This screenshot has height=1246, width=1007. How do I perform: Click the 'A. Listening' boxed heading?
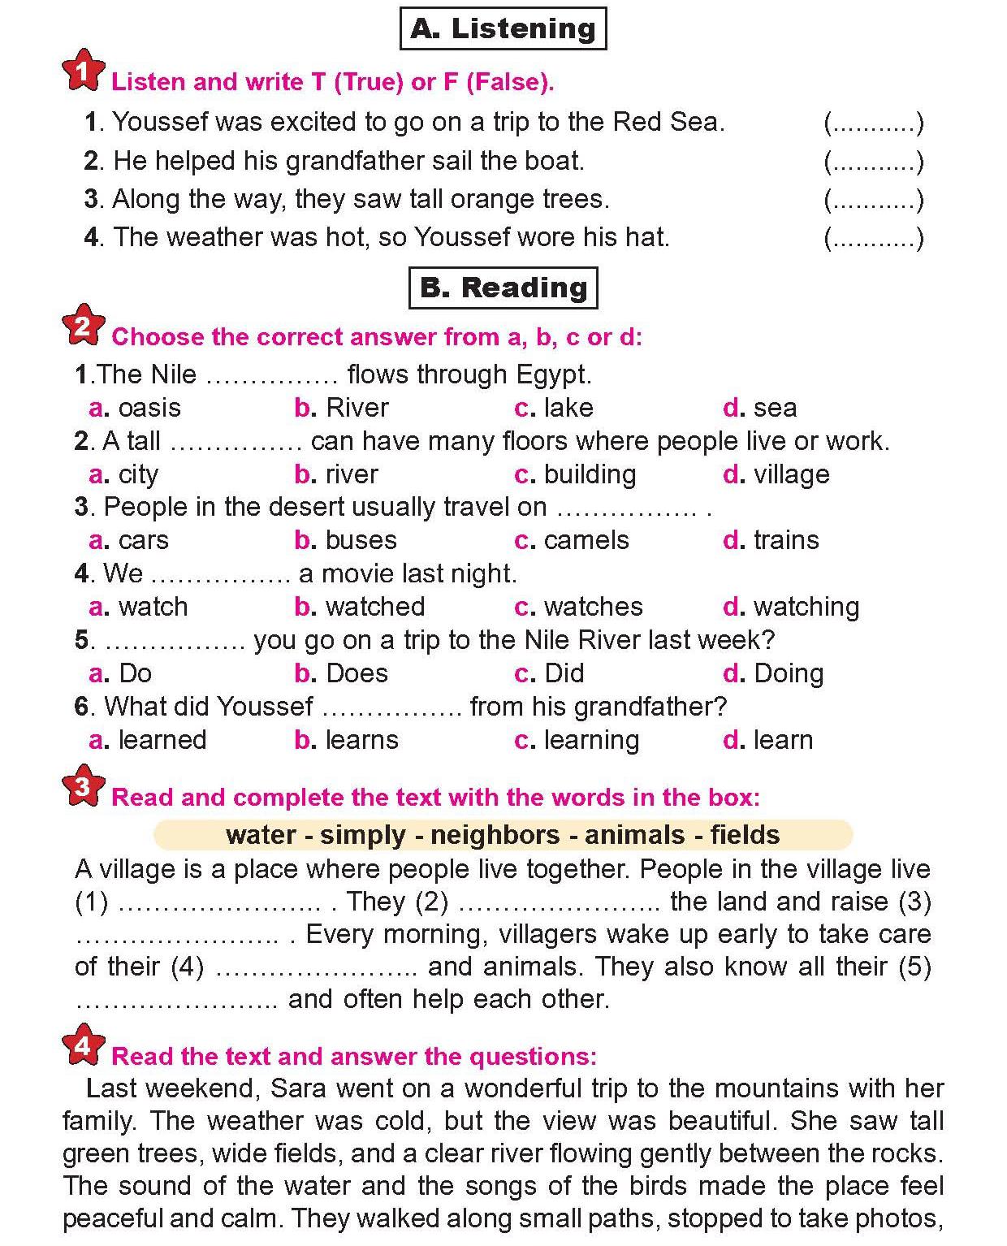[x=503, y=28]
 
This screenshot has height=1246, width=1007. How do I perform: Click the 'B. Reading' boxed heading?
[x=503, y=288]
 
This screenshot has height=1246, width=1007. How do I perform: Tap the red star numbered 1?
[x=83, y=72]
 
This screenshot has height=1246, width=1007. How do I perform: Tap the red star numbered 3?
[x=83, y=786]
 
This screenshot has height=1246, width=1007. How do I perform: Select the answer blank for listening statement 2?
[x=874, y=162]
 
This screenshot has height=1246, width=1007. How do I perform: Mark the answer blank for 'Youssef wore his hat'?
[x=874, y=238]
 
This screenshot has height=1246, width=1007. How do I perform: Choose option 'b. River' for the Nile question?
[x=342, y=408]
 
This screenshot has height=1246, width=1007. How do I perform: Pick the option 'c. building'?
[x=575, y=474]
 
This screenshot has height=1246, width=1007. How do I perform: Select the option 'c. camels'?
[x=572, y=540]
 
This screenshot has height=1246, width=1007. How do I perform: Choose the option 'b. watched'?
[x=360, y=607]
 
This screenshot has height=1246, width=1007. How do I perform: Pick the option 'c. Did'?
[x=549, y=673]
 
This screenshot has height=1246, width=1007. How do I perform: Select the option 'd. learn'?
[x=768, y=740]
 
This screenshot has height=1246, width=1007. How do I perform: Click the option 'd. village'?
[x=776, y=474]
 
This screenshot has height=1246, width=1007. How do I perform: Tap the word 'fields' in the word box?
[x=745, y=835]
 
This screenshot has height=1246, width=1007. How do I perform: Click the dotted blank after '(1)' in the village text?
[x=221, y=902]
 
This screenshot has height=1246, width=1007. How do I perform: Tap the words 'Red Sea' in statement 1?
[x=667, y=122]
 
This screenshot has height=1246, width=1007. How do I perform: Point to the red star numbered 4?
[x=83, y=1046]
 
